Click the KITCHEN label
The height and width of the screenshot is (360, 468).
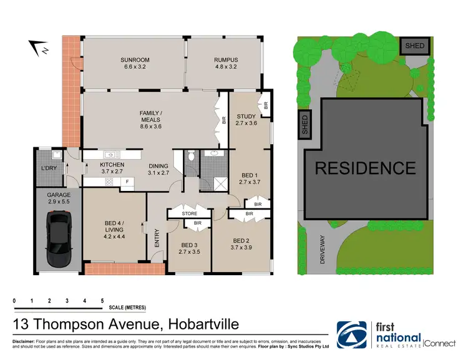point(113,165)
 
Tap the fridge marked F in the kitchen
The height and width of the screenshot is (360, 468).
point(127,182)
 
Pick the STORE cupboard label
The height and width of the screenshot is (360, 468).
point(190,213)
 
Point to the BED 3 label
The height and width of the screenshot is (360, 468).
point(190,245)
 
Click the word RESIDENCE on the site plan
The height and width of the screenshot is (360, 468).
point(364,168)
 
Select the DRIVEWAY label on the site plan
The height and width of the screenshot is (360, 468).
point(323,250)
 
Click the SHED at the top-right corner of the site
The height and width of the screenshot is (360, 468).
point(414,46)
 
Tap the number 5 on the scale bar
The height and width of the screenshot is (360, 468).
point(102,301)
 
